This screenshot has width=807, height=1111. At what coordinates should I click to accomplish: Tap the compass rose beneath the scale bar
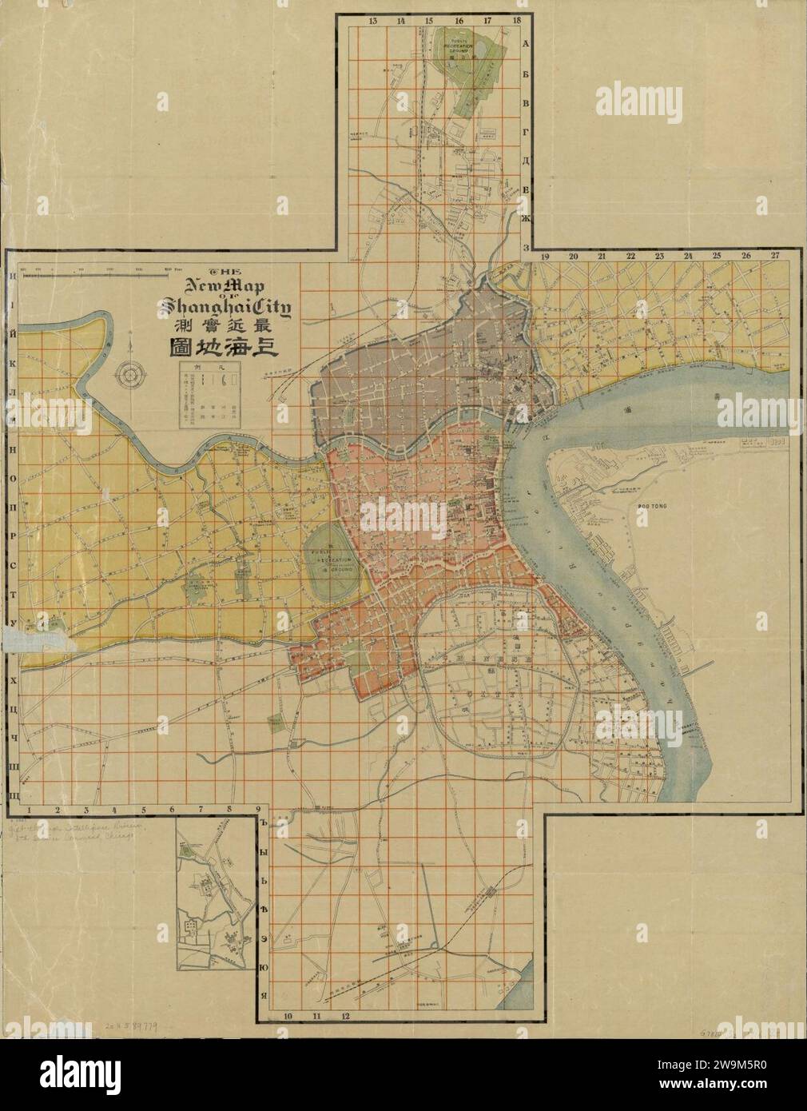tap(130, 373)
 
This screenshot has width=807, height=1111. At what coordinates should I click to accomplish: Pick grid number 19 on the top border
tap(546, 256)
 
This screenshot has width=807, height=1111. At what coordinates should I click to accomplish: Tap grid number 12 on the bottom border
tap(345, 1016)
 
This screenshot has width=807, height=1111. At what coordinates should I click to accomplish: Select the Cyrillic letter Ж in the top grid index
tap(525, 226)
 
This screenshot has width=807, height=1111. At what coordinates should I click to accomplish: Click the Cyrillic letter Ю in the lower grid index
tap(263, 969)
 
